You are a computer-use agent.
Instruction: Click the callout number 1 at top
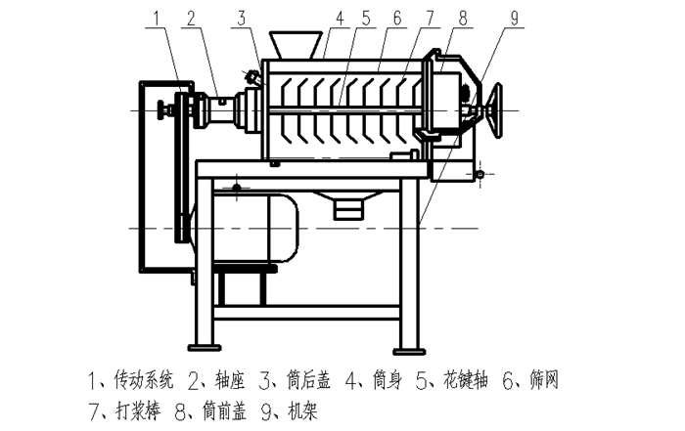pyautogui.click(x=158, y=19)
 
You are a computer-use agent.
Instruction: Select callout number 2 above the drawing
pyautogui.click(x=191, y=19)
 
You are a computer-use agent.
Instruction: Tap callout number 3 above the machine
pyautogui.click(x=242, y=19)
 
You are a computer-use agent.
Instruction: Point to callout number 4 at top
pyautogui.click(x=340, y=19)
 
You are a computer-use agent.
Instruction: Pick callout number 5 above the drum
pyautogui.click(x=365, y=19)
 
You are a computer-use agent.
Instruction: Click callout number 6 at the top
pyautogui.click(x=396, y=19)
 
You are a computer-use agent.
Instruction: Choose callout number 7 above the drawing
pyautogui.click(x=430, y=19)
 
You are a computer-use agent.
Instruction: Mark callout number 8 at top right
pyautogui.click(x=462, y=19)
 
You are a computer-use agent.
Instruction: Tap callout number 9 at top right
pyautogui.click(x=514, y=19)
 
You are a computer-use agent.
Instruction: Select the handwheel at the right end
pyautogui.click(x=497, y=110)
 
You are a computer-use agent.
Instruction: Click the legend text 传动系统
pyautogui.click(x=143, y=380)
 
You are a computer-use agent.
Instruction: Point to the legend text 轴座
pyautogui.click(x=230, y=380)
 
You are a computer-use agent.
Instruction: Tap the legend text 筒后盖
pyautogui.click(x=308, y=380)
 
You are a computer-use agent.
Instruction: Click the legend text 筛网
pyautogui.click(x=543, y=380)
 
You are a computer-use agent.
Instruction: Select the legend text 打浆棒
pyautogui.click(x=139, y=410)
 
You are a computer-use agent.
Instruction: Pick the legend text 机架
pyautogui.click(x=302, y=410)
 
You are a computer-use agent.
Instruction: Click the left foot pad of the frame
pyautogui.click(x=205, y=348)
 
